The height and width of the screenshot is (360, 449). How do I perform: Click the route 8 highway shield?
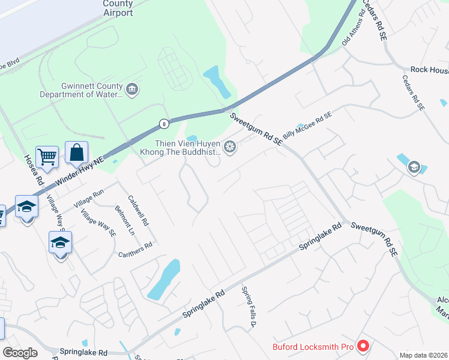tap(163, 124)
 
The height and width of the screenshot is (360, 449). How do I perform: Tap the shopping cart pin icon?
tap(47, 157)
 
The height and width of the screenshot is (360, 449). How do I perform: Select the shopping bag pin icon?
tap(77, 153)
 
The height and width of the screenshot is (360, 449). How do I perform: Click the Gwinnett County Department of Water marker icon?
tap(133, 90)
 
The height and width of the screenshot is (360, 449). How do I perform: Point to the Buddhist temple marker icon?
tap(229, 147)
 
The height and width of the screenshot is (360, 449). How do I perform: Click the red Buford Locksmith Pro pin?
tap(362, 346)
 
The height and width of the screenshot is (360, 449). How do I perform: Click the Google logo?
tap(20, 353)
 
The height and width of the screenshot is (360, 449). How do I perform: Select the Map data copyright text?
tap(424, 355)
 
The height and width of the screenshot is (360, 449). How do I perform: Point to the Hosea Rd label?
tap(34, 170)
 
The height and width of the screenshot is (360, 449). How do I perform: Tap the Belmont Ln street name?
tap(124, 220)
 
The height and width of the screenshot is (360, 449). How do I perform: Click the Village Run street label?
tap(89, 198)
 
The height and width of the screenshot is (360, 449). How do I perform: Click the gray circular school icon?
tap(414, 167)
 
